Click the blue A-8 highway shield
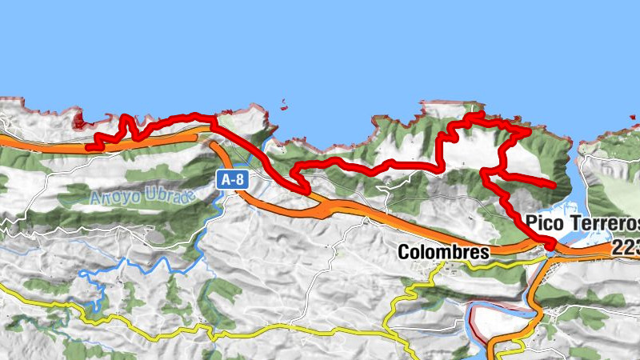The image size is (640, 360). [x=233, y=181]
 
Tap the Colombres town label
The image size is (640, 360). [x=443, y=252]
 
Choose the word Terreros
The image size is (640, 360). [x=606, y=222]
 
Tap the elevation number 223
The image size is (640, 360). [x=626, y=248]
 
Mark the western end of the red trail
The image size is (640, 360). [x=90, y=147]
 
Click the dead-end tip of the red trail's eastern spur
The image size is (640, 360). [x=554, y=185]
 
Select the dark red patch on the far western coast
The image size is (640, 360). [x=79, y=122]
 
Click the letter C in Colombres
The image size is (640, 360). [x=403, y=252]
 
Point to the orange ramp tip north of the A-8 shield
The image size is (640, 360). [x=213, y=144]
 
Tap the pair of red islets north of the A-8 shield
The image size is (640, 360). [x=285, y=104]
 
